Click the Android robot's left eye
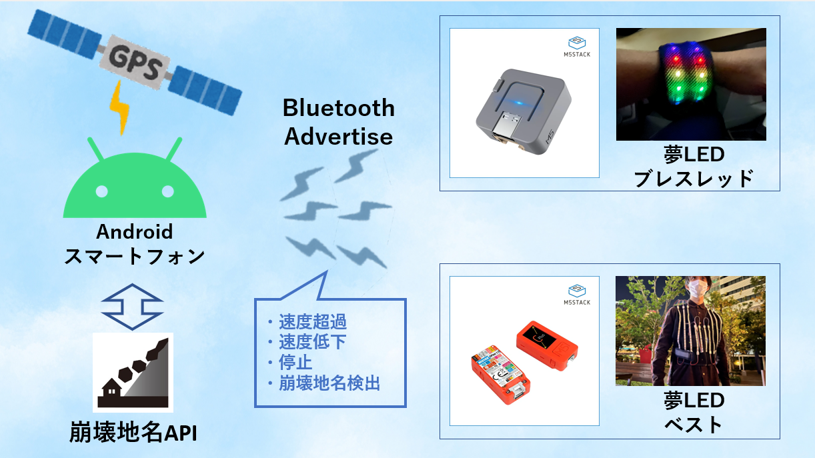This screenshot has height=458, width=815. [102, 191]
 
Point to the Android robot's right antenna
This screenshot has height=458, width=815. [174, 149]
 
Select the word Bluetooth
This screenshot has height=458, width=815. [338, 108]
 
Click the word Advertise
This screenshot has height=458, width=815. [338, 137]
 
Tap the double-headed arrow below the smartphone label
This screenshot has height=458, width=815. [132, 307]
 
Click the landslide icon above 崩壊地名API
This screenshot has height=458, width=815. [133, 373]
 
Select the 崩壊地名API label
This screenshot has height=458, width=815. [133, 432]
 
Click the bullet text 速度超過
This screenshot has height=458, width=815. [313, 321]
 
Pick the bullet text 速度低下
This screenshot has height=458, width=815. [313, 342]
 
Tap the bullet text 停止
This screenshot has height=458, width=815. [295, 362]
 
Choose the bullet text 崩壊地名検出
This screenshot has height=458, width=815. [329, 383]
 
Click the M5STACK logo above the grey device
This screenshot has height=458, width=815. [577, 47]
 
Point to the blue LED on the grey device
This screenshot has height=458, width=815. [518, 103]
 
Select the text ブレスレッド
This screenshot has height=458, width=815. [694, 179]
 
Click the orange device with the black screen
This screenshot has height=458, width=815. [547, 345]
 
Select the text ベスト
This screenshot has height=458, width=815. [694, 425]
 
